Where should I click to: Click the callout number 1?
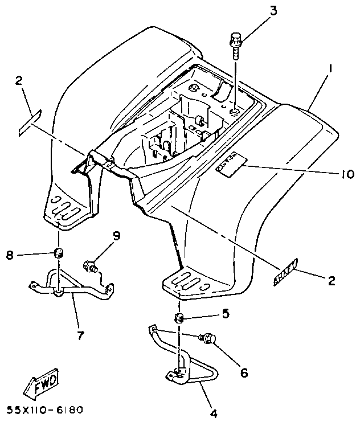(330, 70)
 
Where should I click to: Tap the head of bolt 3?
(236, 40)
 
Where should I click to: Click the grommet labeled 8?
(58, 252)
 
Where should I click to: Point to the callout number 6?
(244, 374)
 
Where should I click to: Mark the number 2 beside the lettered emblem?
(330, 280)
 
